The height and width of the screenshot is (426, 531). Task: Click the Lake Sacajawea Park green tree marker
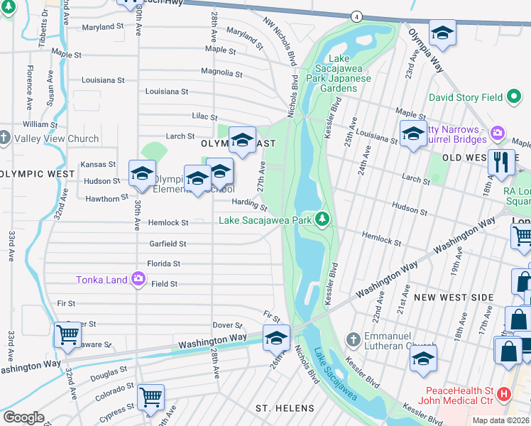324,219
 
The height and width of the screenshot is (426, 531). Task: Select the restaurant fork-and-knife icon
501,162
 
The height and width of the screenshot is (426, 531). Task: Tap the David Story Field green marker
515,97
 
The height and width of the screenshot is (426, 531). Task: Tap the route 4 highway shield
356,16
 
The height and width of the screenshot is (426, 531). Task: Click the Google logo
23,417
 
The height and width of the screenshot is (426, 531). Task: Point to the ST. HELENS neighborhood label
285,408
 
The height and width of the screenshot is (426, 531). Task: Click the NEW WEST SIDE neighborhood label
454,297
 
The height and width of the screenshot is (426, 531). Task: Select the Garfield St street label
168,244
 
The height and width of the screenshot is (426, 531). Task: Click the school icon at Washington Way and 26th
276,337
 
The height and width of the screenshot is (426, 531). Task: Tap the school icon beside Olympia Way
442,33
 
